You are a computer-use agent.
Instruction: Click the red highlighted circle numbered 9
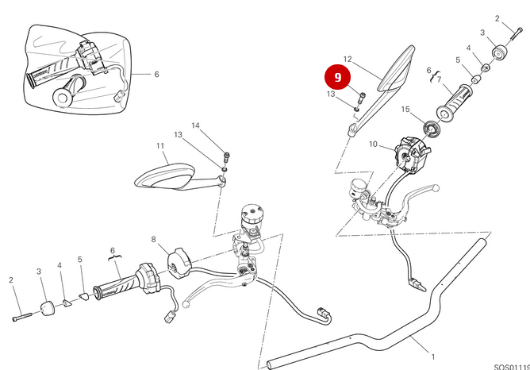[x=338, y=77]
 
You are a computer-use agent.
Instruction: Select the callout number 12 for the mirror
[x=347, y=59]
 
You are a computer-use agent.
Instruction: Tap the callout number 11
[x=159, y=146]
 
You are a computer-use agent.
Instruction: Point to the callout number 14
[x=195, y=125]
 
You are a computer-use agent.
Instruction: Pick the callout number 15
[x=405, y=109]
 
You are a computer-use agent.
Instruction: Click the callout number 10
[x=374, y=144]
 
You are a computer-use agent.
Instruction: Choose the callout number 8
[x=154, y=238]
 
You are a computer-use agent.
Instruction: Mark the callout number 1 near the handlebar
[x=432, y=356]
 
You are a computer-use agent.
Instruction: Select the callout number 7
[x=438, y=79]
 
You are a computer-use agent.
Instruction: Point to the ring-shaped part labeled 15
[x=432, y=127]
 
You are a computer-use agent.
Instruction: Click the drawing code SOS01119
[x=511, y=367]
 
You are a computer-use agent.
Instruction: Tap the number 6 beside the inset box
[x=156, y=75]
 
